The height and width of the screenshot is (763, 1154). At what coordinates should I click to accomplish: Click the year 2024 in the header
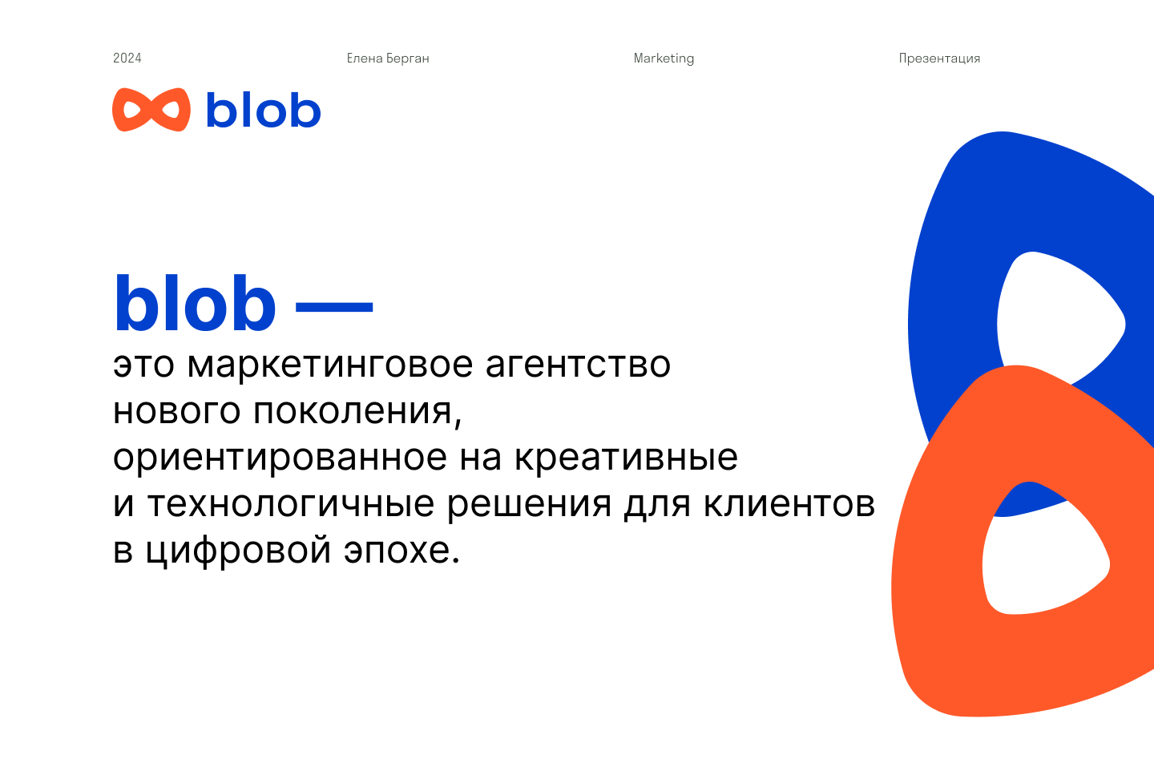tap(127, 58)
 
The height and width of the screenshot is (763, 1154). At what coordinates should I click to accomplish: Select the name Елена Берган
tap(388, 59)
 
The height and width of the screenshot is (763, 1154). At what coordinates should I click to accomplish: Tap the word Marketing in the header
tap(664, 59)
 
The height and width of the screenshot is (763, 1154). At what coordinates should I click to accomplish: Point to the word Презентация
tap(939, 59)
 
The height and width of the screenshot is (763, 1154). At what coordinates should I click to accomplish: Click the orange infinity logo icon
tap(151, 110)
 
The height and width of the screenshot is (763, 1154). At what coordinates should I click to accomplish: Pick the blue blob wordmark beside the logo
tap(264, 110)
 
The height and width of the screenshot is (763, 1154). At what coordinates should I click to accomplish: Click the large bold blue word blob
tap(196, 305)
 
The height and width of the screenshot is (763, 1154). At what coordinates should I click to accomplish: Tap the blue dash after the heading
tap(334, 306)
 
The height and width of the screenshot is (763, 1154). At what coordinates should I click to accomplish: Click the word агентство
tap(578, 365)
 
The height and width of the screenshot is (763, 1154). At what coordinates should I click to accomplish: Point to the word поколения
tap(357, 412)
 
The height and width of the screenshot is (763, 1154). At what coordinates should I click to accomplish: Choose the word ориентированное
tap(280, 458)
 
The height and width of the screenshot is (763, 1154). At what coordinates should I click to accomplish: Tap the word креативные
tap(626, 457)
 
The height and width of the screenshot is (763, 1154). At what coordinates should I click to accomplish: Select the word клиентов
tap(789, 504)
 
